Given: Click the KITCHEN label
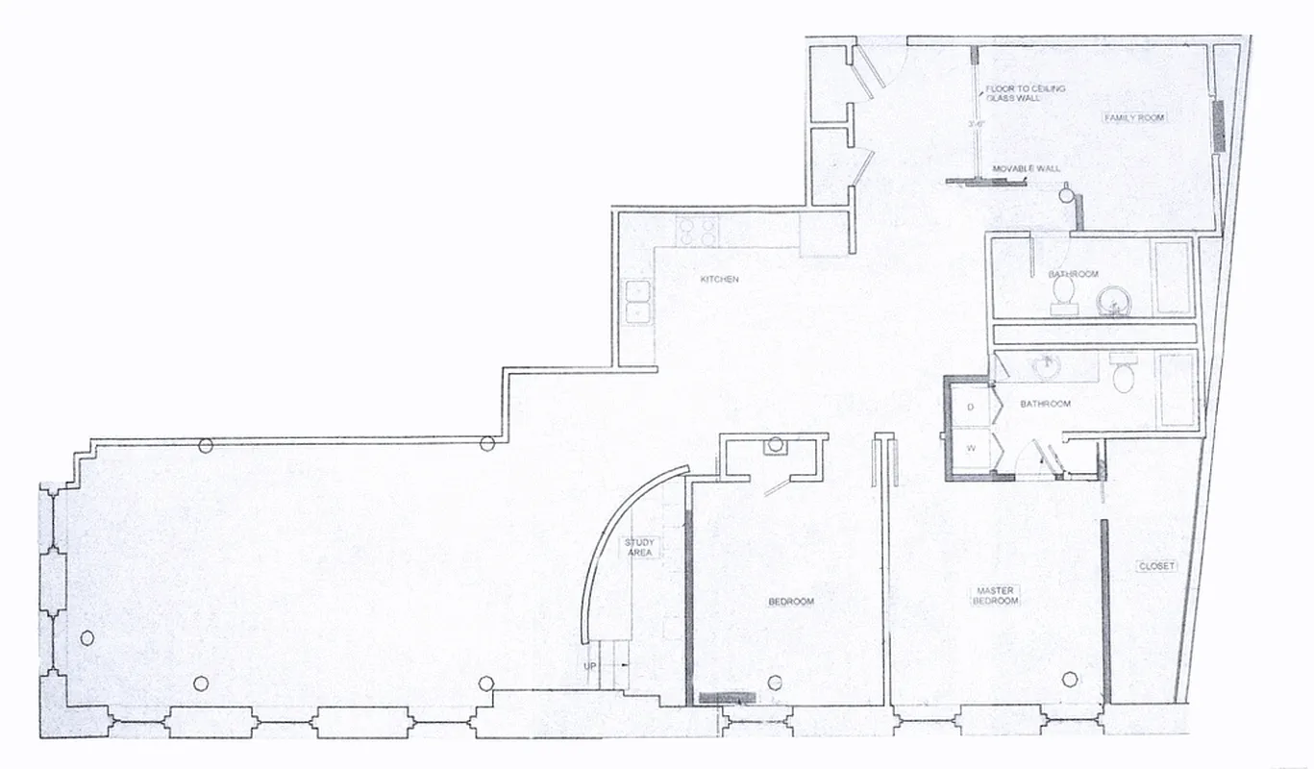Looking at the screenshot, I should pos(719,279).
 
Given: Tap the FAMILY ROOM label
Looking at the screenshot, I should pos(1134,117).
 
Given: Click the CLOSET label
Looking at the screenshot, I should pos(1155,566).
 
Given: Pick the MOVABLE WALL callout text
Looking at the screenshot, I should pos(1027,168).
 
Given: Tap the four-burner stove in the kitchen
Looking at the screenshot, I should pos(697,231).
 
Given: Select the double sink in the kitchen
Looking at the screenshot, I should pos(637,301).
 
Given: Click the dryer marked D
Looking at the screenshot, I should pos(971,407).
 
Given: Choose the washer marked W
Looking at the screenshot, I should pos(971,447).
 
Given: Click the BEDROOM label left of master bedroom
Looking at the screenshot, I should pos(791,602).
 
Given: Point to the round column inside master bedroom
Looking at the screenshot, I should pos(1069,679).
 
